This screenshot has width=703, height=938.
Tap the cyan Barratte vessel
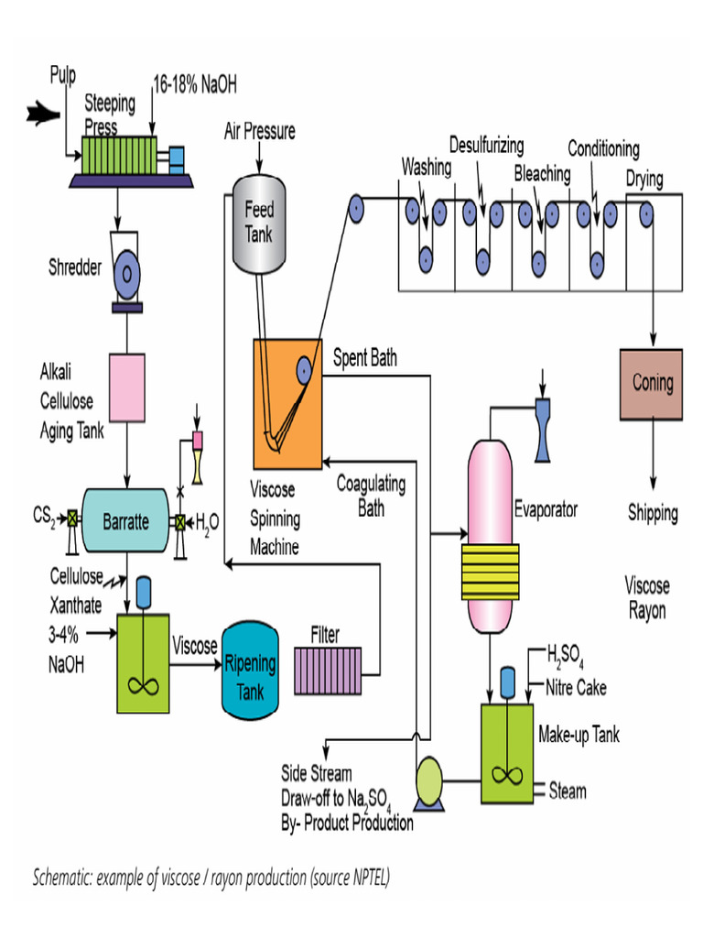tap(125, 521)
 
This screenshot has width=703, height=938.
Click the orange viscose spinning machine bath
tap(288, 403)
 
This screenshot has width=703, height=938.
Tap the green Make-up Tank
tap(506, 753)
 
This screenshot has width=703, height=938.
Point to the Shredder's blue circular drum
tap(126, 273)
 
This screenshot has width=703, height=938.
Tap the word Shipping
tap(653, 512)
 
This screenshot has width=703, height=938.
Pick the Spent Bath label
tap(364, 358)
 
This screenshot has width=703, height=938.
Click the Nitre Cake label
tap(575, 686)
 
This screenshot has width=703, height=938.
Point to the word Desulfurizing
tap(486, 145)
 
